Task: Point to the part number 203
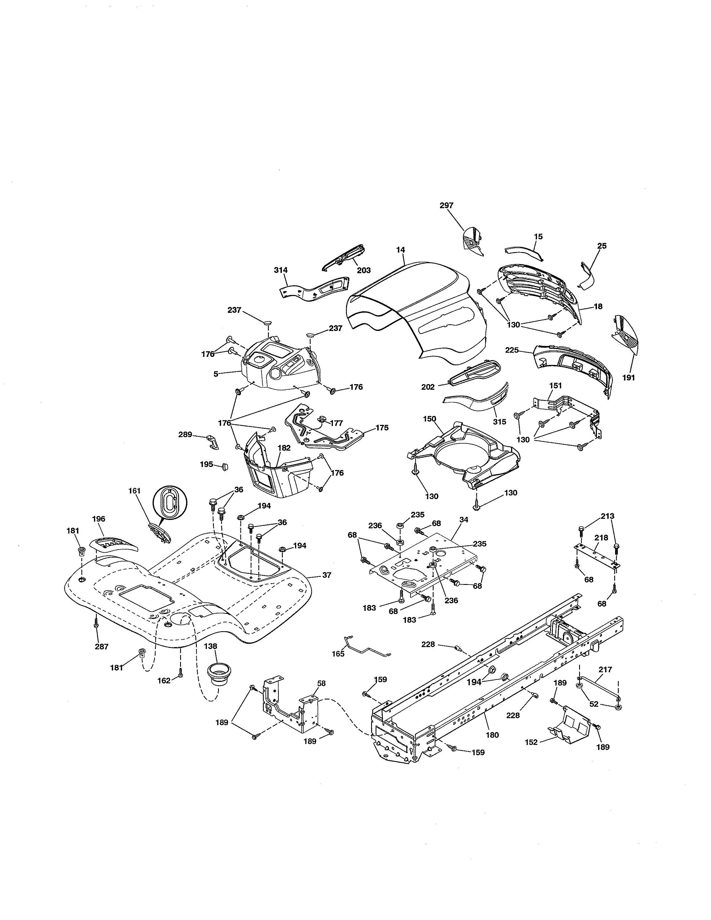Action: click(x=364, y=270)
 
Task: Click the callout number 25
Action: click(x=602, y=246)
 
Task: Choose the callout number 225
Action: click(x=512, y=350)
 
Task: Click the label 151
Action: click(x=556, y=386)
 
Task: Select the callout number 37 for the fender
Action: click(x=327, y=575)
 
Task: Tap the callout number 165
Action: click(x=338, y=654)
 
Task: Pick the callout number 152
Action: click(x=531, y=742)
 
